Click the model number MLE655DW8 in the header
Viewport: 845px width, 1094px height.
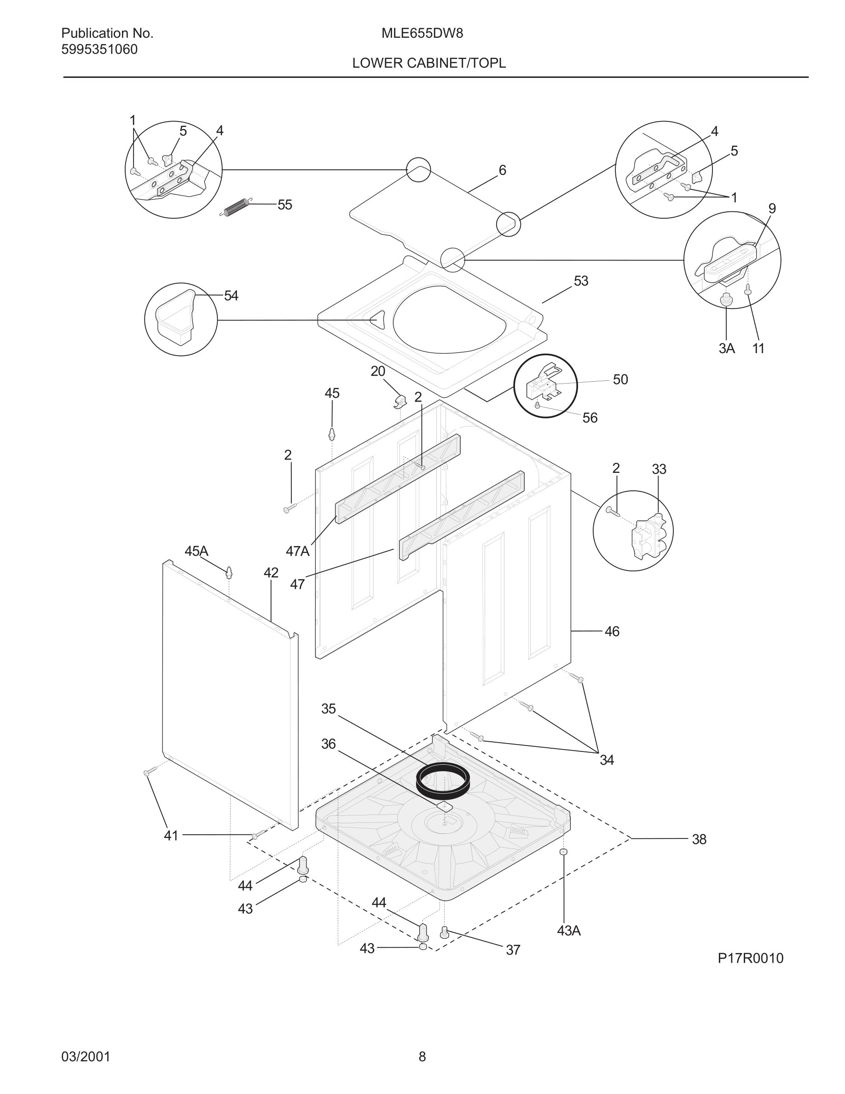coord(422,34)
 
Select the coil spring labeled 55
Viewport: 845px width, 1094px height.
coord(234,207)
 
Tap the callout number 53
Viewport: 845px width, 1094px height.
coord(581,281)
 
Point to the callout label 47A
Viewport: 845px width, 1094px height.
coord(297,552)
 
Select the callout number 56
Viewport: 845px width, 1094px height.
coord(590,418)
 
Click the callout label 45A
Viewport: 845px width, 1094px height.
coord(196,552)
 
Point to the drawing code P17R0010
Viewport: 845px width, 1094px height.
coord(750,958)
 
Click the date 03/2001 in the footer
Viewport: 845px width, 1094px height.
coord(86,1057)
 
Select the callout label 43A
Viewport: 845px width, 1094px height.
coord(569,931)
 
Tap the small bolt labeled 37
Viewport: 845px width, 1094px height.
coord(444,932)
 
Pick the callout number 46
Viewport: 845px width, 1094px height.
coord(612,632)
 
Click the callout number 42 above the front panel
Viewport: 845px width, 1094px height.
coord(271,572)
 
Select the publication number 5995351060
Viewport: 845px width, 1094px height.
coord(99,50)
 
